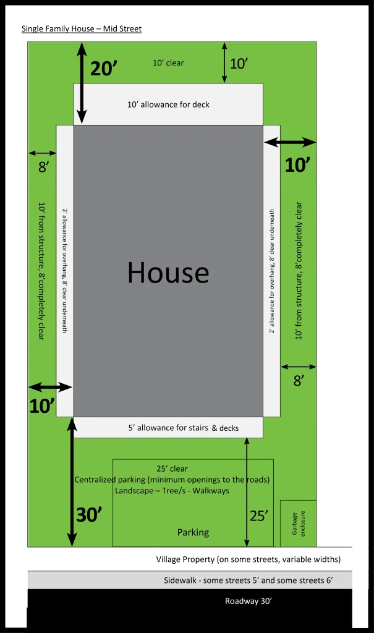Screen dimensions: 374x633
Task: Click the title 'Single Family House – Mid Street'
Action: [x=82, y=28]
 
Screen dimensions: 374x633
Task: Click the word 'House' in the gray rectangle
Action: [x=168, y=273]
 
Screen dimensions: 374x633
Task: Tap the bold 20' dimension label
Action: [x=104, y=68]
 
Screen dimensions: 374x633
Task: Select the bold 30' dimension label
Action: [x=89, y=515]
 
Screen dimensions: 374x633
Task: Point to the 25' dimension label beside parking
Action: [x=259, y=516]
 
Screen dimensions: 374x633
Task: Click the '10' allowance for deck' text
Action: [x=168, y=104]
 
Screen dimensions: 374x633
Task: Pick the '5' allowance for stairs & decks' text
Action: [x=184, y=428]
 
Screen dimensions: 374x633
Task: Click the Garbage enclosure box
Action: [x=298, y=523]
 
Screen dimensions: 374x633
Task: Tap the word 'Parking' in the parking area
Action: [x=193, y=532]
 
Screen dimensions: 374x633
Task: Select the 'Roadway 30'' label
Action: [x=249, y=601]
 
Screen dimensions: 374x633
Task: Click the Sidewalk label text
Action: [x=248, y=580]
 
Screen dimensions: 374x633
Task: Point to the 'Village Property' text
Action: [x=185, y=559]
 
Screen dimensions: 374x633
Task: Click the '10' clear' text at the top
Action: [x=168, y=63]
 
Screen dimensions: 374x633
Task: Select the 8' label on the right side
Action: [x=299, y=380]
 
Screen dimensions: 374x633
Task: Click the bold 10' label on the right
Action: [x=298, y=165]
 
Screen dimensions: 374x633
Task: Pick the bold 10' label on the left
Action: [x=42, y=406]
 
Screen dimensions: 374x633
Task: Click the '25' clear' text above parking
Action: [x=172, y=469]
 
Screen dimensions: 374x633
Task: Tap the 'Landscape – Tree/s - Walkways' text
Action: [x=172, y=491]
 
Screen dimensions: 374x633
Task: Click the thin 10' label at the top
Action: [x=239, y=64]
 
